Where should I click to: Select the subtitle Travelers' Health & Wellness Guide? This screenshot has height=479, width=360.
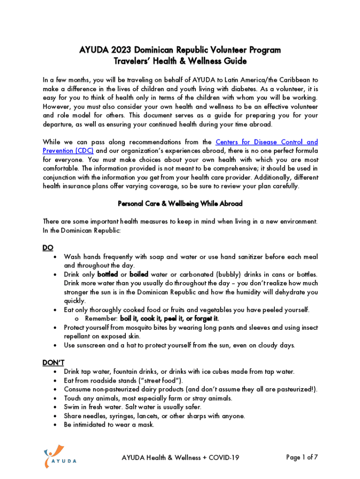[180, 61]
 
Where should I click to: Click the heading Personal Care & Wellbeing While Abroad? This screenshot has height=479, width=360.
[180, 204]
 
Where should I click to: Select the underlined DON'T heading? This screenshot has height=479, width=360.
[53, 363]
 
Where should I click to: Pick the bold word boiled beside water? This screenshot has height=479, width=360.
[139, 274]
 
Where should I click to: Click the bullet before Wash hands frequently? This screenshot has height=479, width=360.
[56, 257]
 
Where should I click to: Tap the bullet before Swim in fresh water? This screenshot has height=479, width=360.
[56, 407]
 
